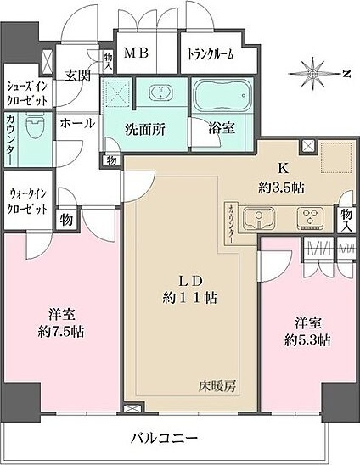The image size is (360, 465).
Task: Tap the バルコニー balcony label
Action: pyautogui.click(x=166, y=439)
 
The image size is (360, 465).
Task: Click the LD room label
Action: pyautogui.click(x=188, y=282)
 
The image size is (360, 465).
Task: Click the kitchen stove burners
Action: pyautogui.click(x=308, y=219)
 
